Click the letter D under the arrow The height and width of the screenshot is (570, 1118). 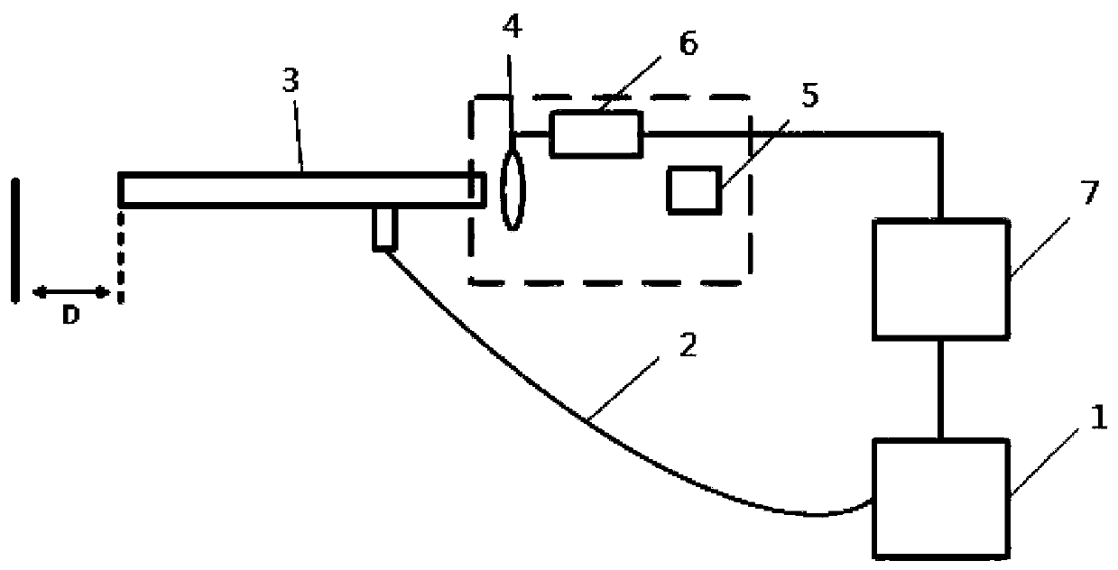[x=70, y=318]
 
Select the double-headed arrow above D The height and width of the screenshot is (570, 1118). [x=71, y=291]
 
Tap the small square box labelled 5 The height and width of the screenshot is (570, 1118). [x=694, y=190]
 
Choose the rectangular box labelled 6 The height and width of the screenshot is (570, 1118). [x=596, y=133]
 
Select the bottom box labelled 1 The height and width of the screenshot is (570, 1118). [x=939, y=499]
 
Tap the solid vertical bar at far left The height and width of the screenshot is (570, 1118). [x=15, y=240]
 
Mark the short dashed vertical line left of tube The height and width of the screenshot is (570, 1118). [x=119, y=255]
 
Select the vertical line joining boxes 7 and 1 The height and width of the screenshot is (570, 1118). [x=941, y=388]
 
